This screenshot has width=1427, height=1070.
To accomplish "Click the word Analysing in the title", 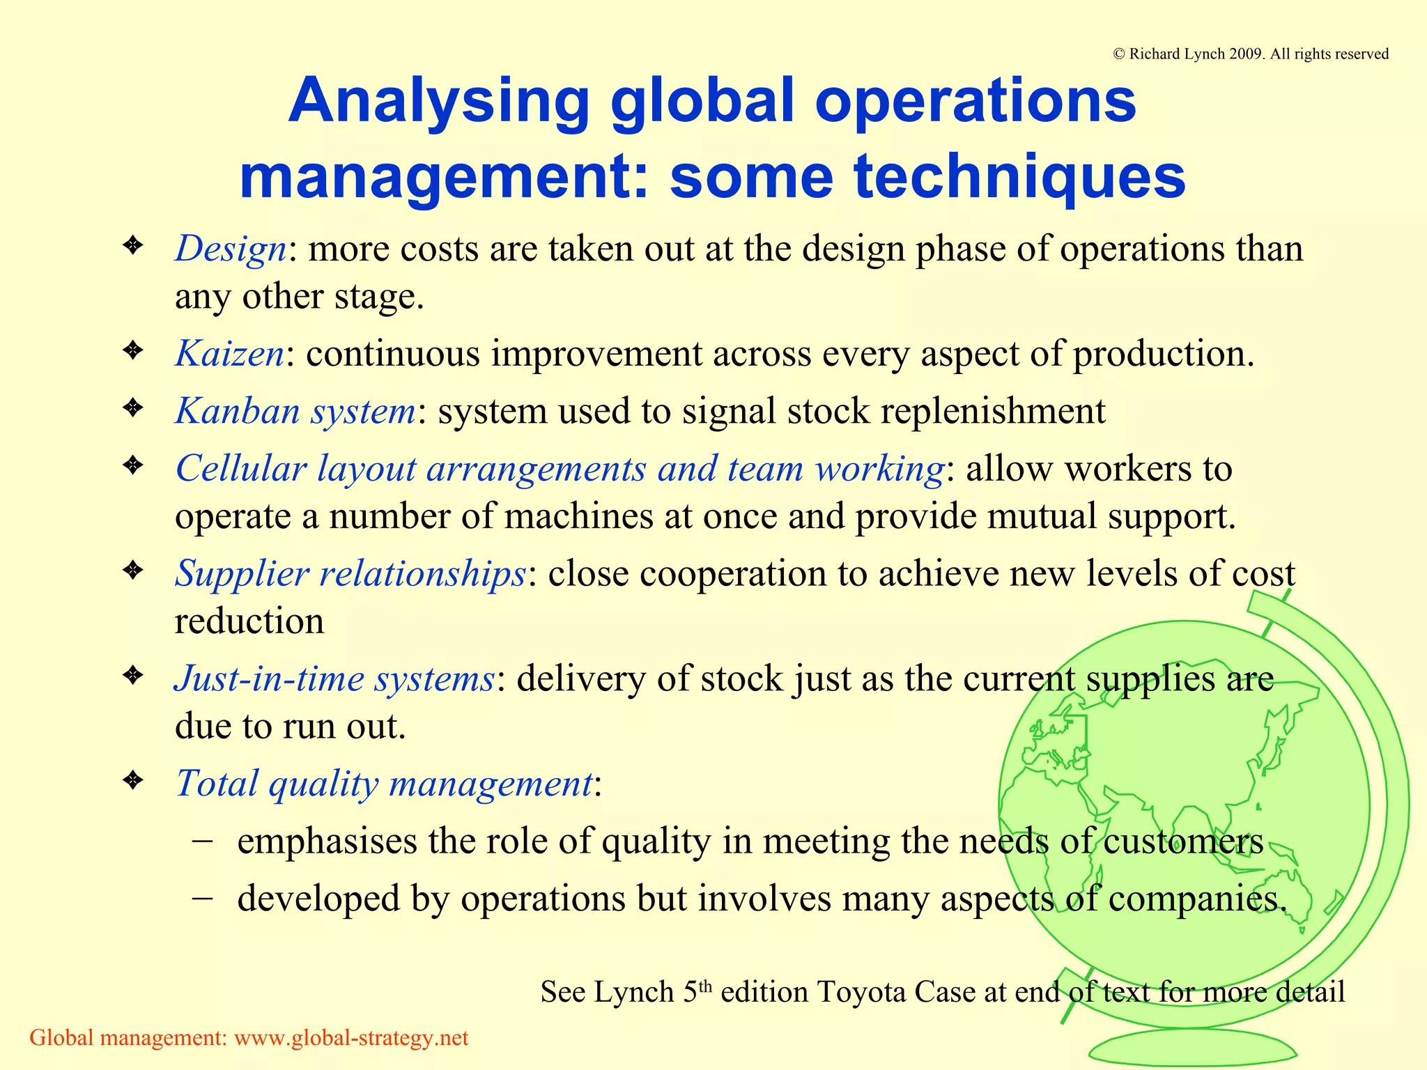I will [439, 101].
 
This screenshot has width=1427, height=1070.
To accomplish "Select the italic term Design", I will [231, 249].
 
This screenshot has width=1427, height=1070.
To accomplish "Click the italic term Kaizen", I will [229, 353].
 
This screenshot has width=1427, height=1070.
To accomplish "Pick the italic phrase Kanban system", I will [295, 410].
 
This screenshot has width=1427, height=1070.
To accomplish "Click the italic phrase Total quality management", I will [384, 783].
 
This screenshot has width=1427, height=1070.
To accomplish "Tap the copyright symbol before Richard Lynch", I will [1119, 54].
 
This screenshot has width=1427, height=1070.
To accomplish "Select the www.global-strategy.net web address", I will [351, 1038].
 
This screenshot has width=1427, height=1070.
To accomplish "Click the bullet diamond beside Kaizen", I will [132, 350].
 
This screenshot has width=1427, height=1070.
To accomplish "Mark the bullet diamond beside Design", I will [132, 245].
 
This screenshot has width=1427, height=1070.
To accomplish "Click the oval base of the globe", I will [1192, 1048].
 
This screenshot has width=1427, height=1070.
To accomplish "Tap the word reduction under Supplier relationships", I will [249, 621].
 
